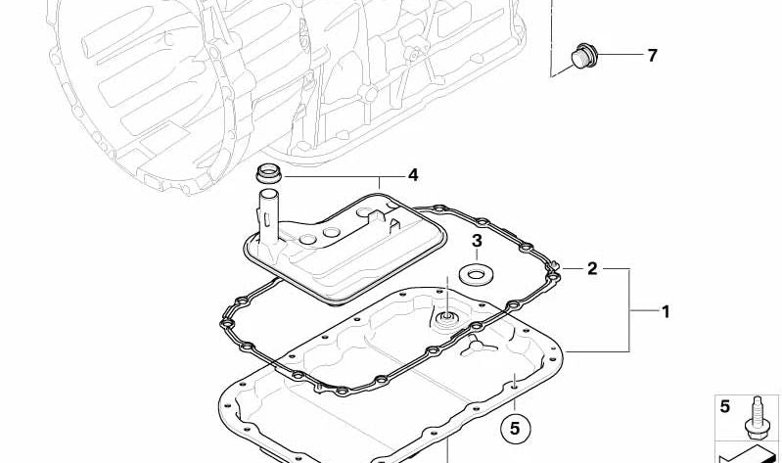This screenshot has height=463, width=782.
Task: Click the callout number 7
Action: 653,56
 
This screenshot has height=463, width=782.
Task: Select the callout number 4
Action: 413,175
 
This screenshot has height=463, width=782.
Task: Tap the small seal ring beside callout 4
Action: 269,173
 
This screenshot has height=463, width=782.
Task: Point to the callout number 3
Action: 478,241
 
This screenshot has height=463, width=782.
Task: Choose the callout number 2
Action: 592,269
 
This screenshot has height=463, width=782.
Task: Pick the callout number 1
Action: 666,312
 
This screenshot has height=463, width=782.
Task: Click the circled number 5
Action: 516,429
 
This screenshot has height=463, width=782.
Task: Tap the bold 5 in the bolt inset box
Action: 724,406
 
